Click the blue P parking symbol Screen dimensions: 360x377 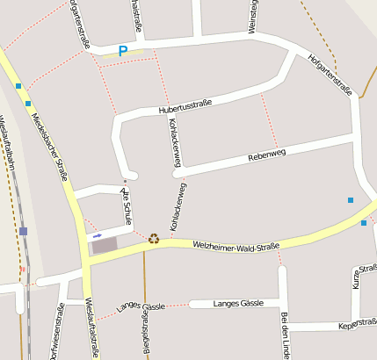pyautogui.click(x=122, y=52)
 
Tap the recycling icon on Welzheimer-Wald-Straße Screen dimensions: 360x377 pyautogui.click(x=154, y=237)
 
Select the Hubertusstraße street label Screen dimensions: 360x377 pyautogui.click(x=185, y=108)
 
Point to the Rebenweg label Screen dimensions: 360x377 pyautogui.click(x=267, y=155)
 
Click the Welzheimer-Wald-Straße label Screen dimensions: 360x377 pyautogui.click(x=236, y=245)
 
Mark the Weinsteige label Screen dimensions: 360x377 pyautogui.click(x=253, y=17)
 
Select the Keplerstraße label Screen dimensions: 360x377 pyautogui.click(x=357, y=326)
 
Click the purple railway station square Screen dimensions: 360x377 pyautogui.click(x=23, y=231)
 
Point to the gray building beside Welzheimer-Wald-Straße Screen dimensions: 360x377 pyautogui.click(x=104, y=246)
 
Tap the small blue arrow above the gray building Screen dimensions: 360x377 pyautogui.click(x=97, y=234)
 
